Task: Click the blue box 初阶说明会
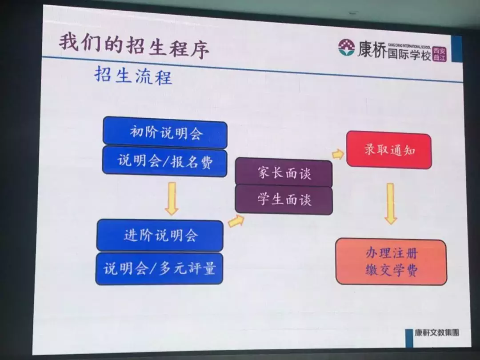pyautogui.click(x=165, y=132)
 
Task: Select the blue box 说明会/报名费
pyautogui.click(x=165, y=160)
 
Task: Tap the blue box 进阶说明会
pyautogui.click(x=160, y=235)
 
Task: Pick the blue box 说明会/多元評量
pyautogui.click(x=159, y=268)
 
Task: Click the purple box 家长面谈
pyautogui.click(x=284, y=173)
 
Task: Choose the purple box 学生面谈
pyautogui.click(x=284, y=200)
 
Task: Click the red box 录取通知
pyautogui.click(x=389, y=150)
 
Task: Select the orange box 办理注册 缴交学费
pyautogui.click(x=391, y=262)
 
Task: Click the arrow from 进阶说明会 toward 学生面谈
pyautogui.click(x=236, y=220)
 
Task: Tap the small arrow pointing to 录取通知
pyautogui.click(x=338, y=154)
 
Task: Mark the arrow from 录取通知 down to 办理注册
pyautogui.click(x=390, y=203)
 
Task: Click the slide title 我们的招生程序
pyautogui.click(x=133, y=46)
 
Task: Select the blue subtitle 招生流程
pyautogui.click(x=133, y=76)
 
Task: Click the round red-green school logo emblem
pyautogui.click(x=346, y=48)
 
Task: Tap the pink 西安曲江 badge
pyautogui.click(x=439, y=54)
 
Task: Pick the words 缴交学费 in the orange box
pyautogui.click(x=391, y=270)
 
